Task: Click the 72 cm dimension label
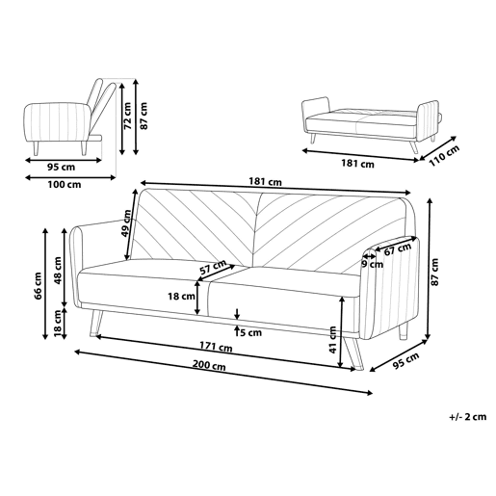(x=128, y=116)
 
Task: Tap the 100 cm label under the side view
(x=65, y=185)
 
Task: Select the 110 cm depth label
(x=444, y=156)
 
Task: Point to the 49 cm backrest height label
(x=126, y=222)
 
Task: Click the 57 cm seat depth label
(x=213, y=267)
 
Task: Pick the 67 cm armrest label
(x=398, y=248)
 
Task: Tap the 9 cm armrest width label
(x=373, y=264)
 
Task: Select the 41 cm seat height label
(x=332, y=340)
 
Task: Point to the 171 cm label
(x=216, y=347)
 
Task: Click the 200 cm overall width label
(x=209, y=365)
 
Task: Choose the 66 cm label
(x=39, y=286)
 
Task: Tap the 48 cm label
(x=58, y=271)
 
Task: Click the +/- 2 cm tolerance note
(x=468, y=417)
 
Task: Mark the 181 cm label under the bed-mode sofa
(x=357, y=164)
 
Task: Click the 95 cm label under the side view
(x=61, y=167)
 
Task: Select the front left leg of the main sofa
(x=96, y=324)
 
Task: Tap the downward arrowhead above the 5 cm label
(x=237, y=316)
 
